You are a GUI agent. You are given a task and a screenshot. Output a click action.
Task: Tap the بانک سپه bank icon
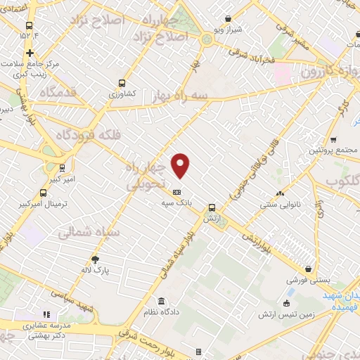click(176, 192)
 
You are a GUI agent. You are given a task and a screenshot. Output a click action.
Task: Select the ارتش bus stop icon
click(212, 207)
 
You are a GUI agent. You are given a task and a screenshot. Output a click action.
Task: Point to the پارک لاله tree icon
click(96, 259)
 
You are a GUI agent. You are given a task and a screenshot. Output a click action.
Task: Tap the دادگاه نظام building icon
click(161, 302)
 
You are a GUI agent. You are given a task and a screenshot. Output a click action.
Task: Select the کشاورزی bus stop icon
click(123, 82)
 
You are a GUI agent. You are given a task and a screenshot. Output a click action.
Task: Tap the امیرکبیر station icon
click(63, 169)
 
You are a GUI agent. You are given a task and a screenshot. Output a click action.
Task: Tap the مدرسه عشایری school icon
click(47, 314)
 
